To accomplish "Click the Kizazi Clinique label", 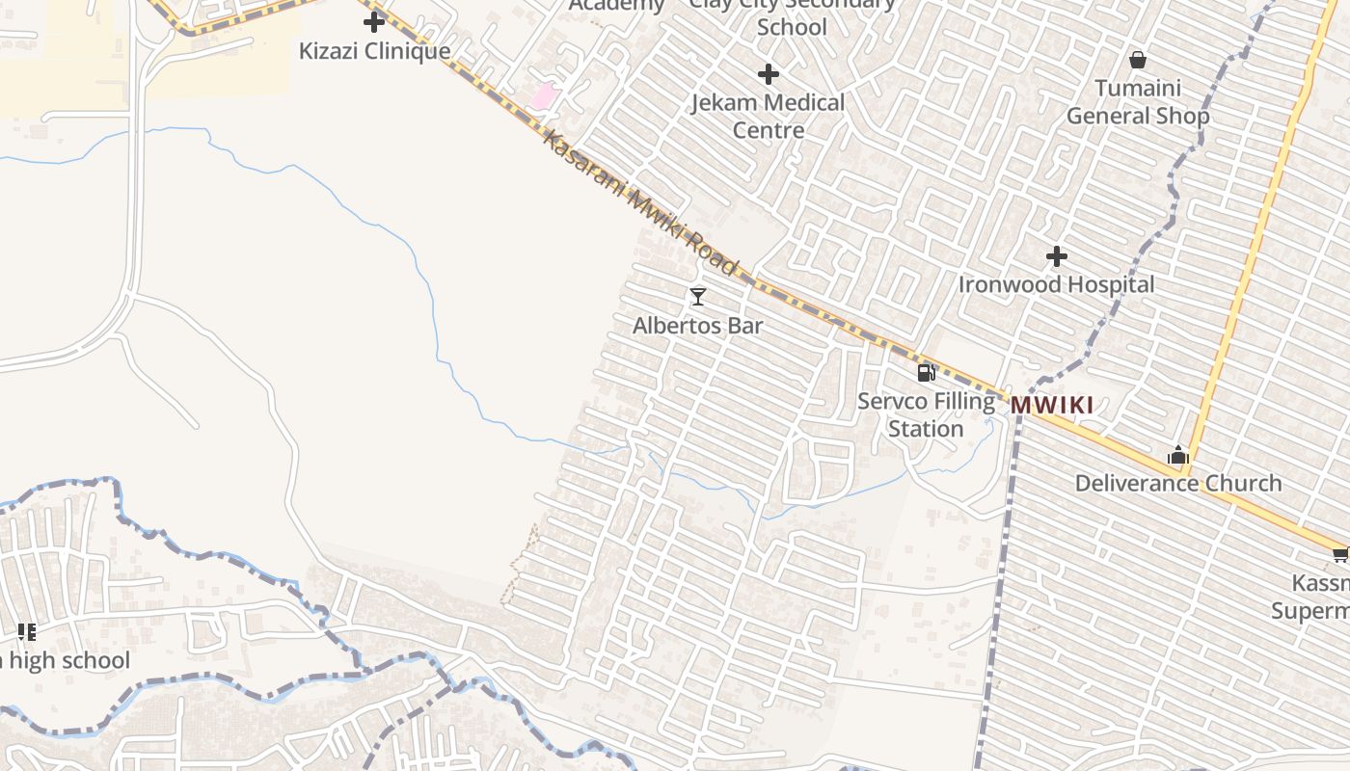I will (x=374, y=51).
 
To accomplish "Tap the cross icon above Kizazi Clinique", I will (x=374, y=22).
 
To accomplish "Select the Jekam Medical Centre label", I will (x=768, y=116).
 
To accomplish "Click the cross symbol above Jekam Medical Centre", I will (x=769, y=73).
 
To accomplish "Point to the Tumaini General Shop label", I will (x=1138, y=102).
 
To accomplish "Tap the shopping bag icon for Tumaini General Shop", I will (x=1138, y=60).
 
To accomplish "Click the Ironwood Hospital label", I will (x=1056, y=285).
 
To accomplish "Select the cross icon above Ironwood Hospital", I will (x=1057, y=256).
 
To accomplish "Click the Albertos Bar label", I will (x=697, y=326).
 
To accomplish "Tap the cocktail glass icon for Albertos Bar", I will (x=698, y=296).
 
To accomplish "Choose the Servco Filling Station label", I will (x=926, y=414).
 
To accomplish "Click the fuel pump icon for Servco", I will (x=926, y=372).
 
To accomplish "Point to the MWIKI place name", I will (x=1052, y=406).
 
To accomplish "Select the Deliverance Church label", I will (x=1178, y=483).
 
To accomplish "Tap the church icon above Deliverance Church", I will (x=1177, y=455).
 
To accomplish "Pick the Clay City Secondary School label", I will (x=792, y=15).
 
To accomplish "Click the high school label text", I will (x=67, y=661).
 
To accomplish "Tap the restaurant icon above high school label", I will (x=27, y=632).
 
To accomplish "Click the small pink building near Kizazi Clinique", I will (x=545, y=95).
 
